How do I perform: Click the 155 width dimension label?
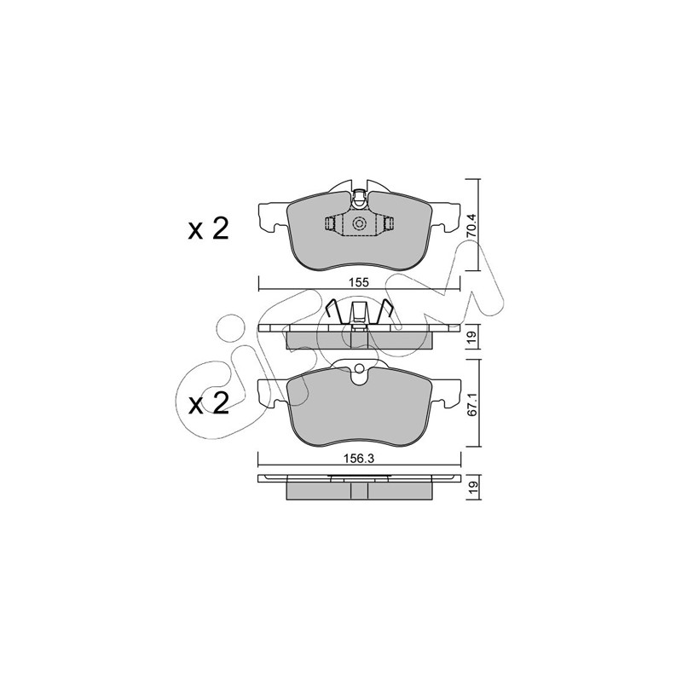pyautogui.click(x=359, y=282)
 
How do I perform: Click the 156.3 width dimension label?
pyautogui.click(x=359, y=459)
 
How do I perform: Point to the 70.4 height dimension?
pyautogui.click(x=472, y=224)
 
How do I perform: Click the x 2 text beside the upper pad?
pyautogui.click(x=208, y=229)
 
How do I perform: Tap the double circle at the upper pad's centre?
pyautogui.click(x=359, y=223)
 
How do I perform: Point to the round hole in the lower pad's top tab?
pyautogui.click(x=359, y=369)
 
